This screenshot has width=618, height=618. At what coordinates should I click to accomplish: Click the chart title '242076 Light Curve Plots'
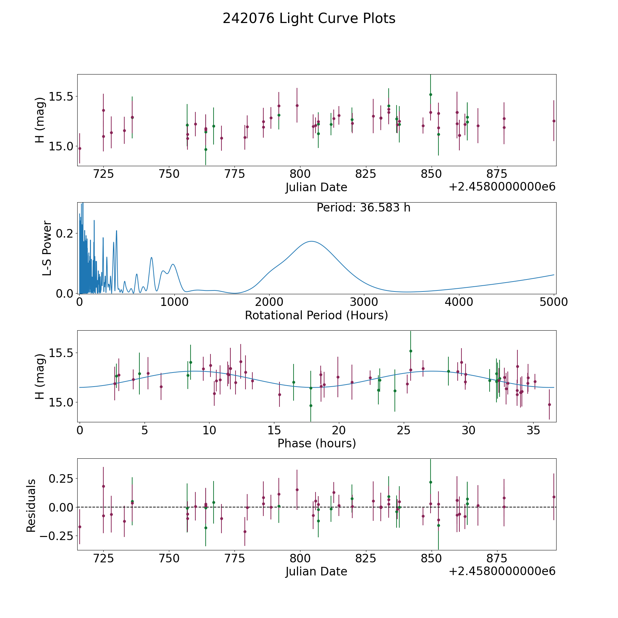click(309, 19)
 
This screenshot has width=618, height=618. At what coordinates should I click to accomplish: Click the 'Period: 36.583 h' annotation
click(363, 208)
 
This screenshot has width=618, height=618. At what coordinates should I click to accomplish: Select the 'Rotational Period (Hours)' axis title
click(316, 315)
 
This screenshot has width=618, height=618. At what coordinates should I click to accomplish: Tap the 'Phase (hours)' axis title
click(317, 443)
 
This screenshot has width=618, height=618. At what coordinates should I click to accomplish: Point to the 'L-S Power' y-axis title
click(47, 248)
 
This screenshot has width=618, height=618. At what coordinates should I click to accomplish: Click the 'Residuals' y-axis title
click(31, 506)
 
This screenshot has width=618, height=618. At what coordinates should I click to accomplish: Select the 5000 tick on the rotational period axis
click(553, 302)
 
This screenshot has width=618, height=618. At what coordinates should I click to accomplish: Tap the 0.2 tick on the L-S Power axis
click(66, 233)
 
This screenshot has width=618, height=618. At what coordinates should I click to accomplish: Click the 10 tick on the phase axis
click(209, 430)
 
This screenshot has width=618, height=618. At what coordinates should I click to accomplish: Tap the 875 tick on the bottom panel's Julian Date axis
click(497, 559)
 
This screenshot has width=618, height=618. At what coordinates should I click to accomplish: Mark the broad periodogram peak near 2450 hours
click(311, 241)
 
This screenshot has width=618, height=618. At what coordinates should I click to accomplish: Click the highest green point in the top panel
click(431, 94)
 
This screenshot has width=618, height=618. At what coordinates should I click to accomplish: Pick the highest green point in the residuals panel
click(431, 482)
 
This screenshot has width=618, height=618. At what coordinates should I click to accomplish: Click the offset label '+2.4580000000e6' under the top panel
click(502, 187)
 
